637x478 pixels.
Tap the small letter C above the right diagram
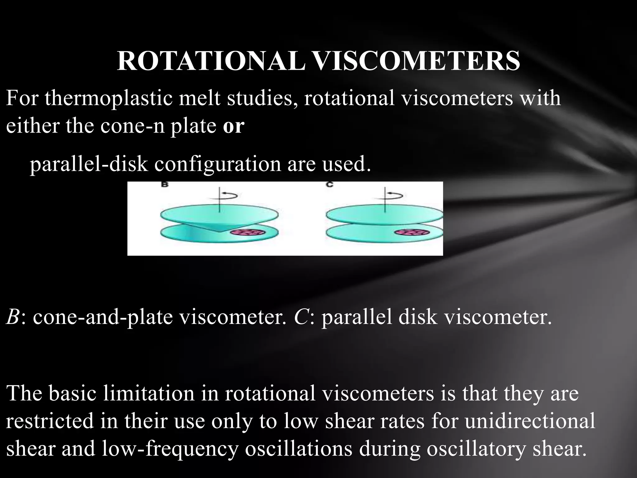(x=330, y=185)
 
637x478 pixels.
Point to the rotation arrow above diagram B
(x=230, y=196)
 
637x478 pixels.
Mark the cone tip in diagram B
(x=220, y=231)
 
